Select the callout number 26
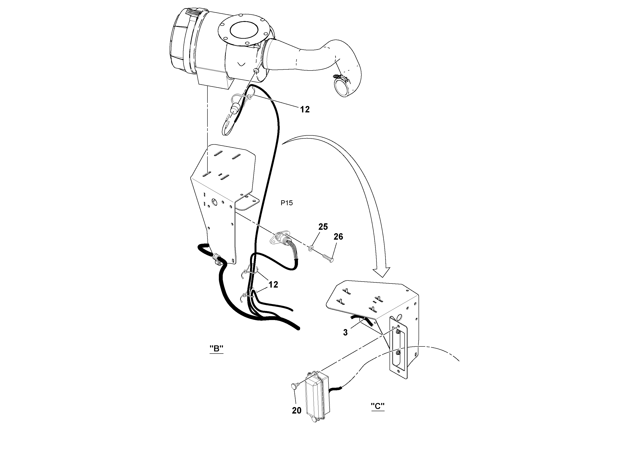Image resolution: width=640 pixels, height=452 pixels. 338,237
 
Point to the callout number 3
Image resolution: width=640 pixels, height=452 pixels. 345,332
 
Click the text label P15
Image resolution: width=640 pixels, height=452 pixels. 287,203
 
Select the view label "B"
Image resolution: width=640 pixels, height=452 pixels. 216,348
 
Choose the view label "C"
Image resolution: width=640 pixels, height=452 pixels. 378,406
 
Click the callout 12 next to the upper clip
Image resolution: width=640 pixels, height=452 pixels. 305,110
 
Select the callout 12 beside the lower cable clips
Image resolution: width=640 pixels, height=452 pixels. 273,285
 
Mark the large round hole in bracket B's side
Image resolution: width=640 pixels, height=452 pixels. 214,202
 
